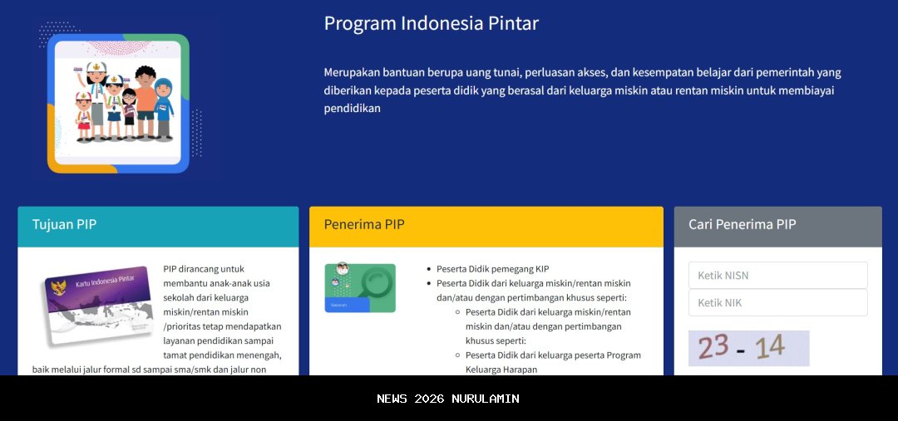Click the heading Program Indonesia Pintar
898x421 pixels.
tap(431, 23)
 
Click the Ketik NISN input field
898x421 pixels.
tap(777, 276)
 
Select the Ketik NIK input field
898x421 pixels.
tap(777, 303)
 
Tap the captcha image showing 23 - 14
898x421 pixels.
tap(748, 348)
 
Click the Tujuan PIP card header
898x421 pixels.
tap(158, 225)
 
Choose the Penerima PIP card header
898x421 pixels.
tap(486, 225)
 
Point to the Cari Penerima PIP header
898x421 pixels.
tap(777, 225)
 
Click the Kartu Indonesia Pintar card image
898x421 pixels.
tap(97, 304)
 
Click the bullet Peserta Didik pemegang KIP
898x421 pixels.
tap(492, 269)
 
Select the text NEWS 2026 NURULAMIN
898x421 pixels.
tap(448, 399)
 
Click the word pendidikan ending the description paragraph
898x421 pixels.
tap(352, 109)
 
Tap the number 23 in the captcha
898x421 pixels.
tap(713, 347)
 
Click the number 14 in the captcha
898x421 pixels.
tap(769, 347)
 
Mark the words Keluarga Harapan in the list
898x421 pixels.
tap(501, 370)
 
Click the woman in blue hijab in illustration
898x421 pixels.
tap(165, 108)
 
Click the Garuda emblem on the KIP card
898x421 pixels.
tap(59, 290)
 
